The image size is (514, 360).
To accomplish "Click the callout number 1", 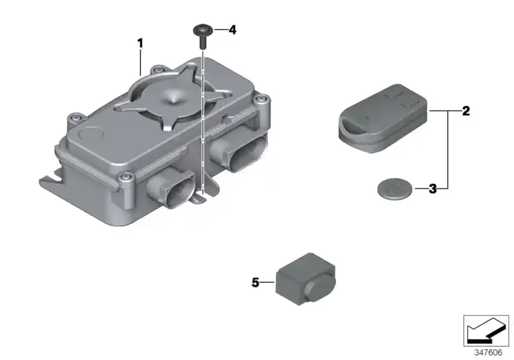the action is [140, 43].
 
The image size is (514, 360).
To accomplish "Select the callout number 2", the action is [466, 111].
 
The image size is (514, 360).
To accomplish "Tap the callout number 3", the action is [432, 189].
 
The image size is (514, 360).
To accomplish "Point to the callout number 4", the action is [232, 30].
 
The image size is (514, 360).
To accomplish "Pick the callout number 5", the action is [255, 282].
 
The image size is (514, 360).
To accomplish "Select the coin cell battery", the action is [394, 188].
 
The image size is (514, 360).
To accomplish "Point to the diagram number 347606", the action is [488, 352].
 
